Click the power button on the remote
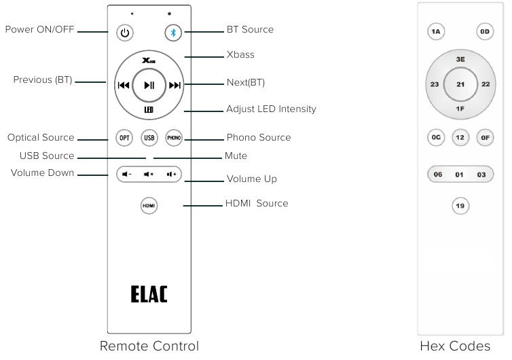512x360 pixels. point(124,32)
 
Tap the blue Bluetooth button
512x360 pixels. point(173,32)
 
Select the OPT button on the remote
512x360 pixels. point(125,137)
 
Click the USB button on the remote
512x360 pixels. point(149,137)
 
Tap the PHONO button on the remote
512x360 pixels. point(174,137)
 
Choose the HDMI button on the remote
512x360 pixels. point(149,204)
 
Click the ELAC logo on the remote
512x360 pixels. point(149,294)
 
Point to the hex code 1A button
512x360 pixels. point(436,31)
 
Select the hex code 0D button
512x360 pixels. point(484,31)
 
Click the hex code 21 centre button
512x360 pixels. point(460,84)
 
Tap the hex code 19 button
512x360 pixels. point(460,205)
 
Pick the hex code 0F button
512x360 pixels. point(484,137)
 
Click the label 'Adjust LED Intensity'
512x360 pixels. point(271,109)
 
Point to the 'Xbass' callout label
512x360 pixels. point(240,54)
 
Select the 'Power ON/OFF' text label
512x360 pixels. point(40,30)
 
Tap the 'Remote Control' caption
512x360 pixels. point(149,346)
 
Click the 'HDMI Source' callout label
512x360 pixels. point(257,203)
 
